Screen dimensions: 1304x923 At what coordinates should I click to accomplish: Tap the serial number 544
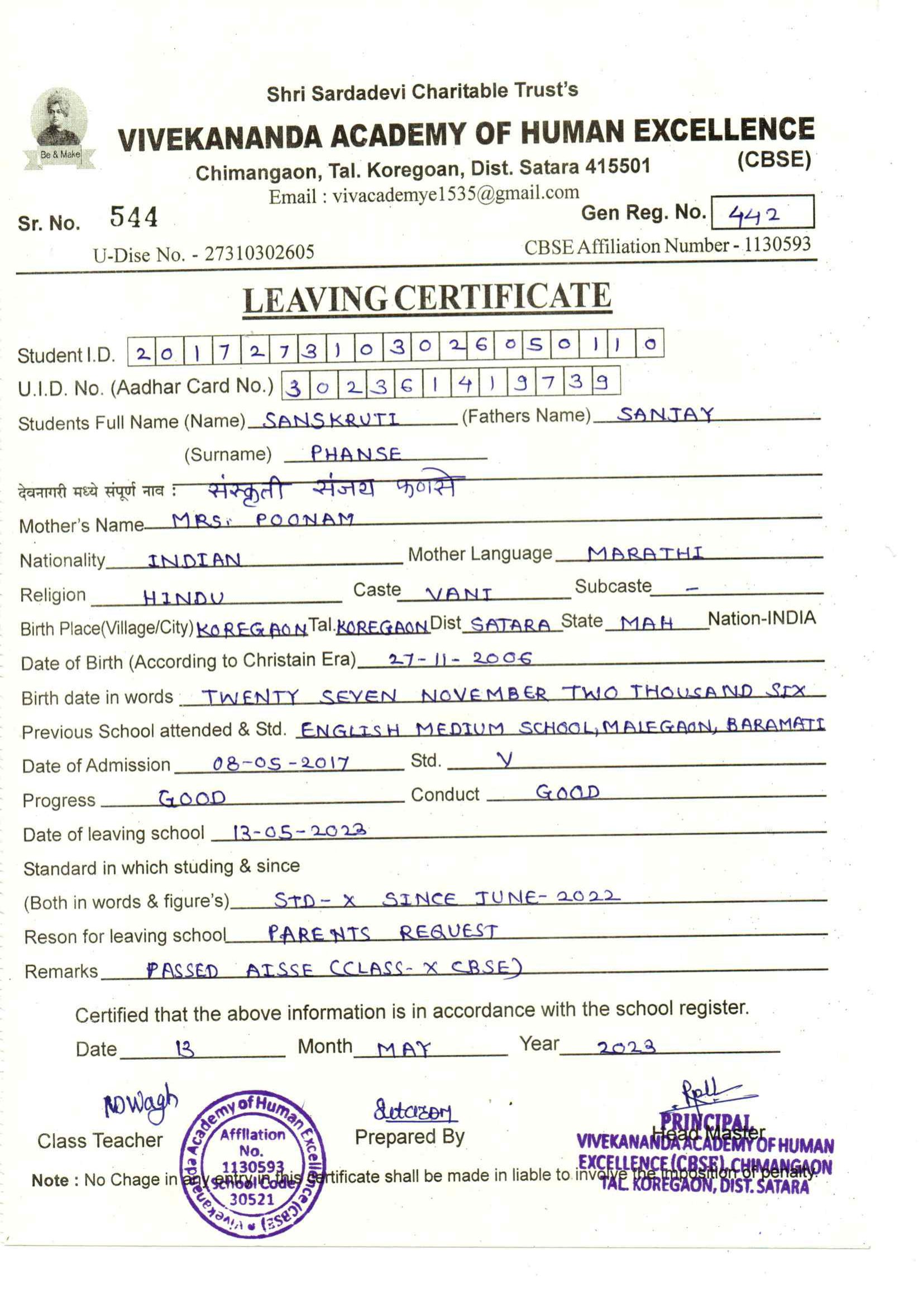pyautogui.click(x=133, y=217)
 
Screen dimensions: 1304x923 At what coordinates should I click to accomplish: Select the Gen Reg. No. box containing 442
pyautogui.click(x=762, y=213)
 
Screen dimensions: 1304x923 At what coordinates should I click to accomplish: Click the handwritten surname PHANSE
pyautogui.click(x=356, y=454)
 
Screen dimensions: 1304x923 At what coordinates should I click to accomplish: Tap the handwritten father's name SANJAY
pyautogui.click(x=665, y=415)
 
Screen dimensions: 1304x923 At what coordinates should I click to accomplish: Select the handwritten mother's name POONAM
pyautogui.click(x=305, y=519)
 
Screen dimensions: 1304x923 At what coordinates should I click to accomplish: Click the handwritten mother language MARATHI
pyautogui.click(x=645, y=553)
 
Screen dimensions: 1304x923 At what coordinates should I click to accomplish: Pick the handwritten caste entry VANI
pyautogui.click(x=458, y=594)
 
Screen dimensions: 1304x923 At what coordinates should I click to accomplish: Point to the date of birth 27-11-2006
pyautogui.click(x=460, y=659)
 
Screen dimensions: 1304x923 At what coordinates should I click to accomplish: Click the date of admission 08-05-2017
pyautogui.click(x=281, y=763)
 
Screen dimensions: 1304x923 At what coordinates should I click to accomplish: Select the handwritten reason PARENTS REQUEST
pyautogui.click(x=382, y=932)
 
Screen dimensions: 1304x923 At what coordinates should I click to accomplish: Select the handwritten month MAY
pyautogui.click(x=404, y=1048)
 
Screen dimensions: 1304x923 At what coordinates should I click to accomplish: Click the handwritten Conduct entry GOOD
pyautogui.click(x=567, y=792)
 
